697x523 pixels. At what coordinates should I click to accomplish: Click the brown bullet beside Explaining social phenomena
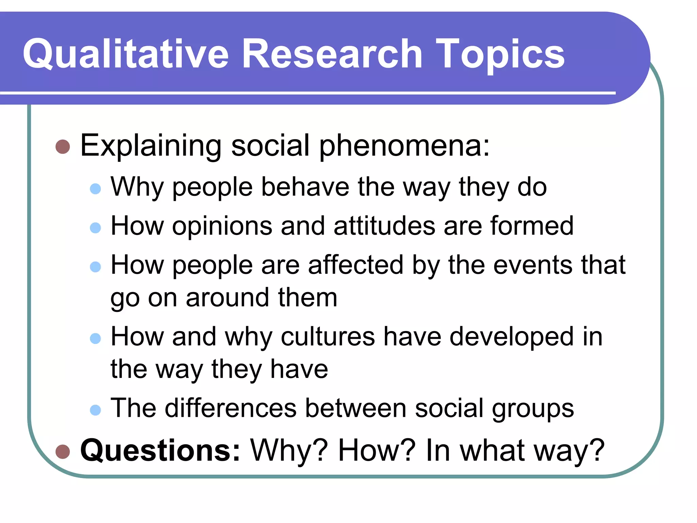point(63,147)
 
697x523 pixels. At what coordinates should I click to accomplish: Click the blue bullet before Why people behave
point(96,189)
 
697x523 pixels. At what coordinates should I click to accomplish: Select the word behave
point(305,187)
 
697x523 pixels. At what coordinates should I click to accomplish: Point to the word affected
point(356,265)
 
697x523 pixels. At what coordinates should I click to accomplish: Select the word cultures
point(328,337)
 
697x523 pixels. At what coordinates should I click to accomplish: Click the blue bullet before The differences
point(96,410)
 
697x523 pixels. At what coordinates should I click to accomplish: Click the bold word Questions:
point(160,451)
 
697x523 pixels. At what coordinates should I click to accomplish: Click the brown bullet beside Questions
point(63,452)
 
